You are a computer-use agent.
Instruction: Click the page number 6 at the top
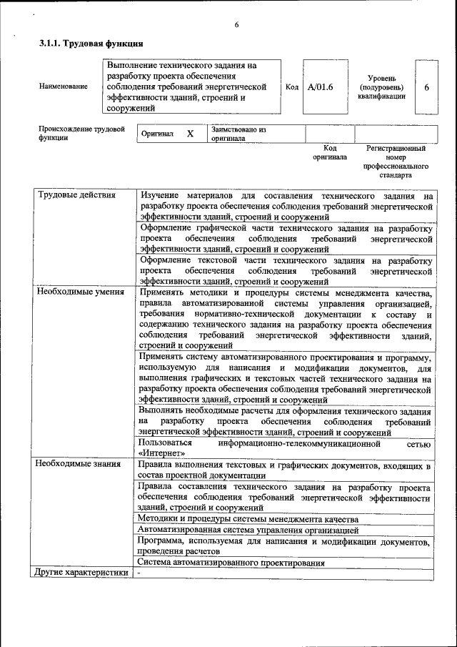tap(236, 26)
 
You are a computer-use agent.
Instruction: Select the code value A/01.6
tap(320, 87)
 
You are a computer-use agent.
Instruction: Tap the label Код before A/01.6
tap(291, 87)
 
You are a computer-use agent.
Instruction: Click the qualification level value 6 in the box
tap(426, 87)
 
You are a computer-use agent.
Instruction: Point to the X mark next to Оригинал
tap(190, 134)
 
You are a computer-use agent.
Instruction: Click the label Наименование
tap(64, 87)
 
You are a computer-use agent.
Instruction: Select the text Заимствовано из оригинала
tap(238, 134)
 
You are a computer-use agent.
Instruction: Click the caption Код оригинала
tap(329, 152)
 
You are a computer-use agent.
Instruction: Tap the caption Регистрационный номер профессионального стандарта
tap(396, 162)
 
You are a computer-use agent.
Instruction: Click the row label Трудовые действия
tap(71, 195)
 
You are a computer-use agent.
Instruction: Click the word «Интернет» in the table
tap(163, 453)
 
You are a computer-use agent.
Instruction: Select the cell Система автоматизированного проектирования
tap(232, 563)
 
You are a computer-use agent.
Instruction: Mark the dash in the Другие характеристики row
tap(140, 573)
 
